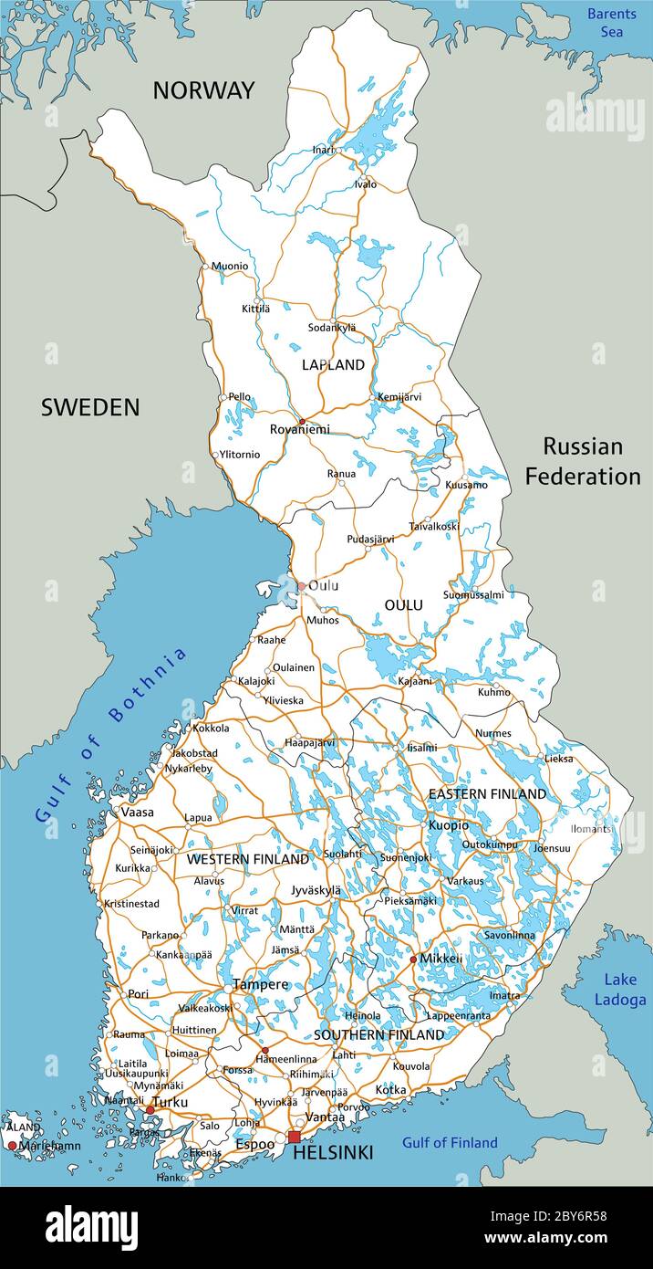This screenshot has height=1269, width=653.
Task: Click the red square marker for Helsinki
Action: [294, 1137]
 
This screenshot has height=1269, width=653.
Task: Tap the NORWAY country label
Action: [203, 90]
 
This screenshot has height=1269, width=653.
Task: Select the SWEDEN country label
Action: [90, 408]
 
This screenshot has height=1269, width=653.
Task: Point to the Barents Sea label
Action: [611, 22]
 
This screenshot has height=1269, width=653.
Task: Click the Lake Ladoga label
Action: [620, 989]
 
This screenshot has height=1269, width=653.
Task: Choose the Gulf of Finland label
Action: [450, 1142]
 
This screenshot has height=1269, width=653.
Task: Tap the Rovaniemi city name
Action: [299, 429]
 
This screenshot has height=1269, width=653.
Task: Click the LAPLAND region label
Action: [333, 365]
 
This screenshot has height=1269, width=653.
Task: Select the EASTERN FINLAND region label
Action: [487, 794]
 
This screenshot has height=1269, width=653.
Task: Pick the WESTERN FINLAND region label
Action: [247, 860]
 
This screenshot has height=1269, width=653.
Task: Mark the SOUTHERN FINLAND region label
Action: [378, 1035]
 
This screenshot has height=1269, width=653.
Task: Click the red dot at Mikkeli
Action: [413, 959]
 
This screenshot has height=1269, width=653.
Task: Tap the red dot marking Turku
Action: [150, 1110]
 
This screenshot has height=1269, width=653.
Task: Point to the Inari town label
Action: [323, 150]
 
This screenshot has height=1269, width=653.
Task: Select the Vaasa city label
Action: [137, 812]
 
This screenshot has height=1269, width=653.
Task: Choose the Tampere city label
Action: [260, 984]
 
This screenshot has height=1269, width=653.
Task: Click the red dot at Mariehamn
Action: [12, 1145]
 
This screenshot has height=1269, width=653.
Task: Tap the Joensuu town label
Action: [552, 848]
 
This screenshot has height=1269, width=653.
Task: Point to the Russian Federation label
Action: [583, 461]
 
